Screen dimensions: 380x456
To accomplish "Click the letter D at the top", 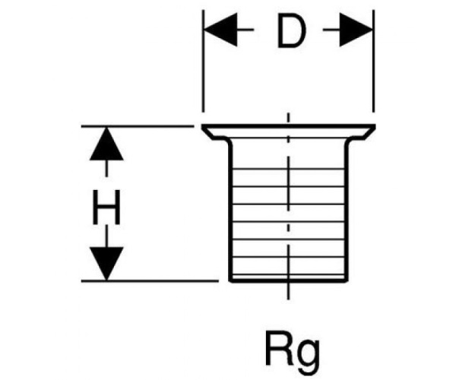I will [289, 32].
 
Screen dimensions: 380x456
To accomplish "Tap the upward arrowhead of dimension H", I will [106, 144].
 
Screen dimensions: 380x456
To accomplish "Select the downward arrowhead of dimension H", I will [106, 264].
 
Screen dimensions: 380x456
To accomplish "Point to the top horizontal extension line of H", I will [137, 125].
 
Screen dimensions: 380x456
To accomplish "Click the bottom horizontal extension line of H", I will [137, 281].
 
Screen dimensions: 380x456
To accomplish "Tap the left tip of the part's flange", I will [204, 127].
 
